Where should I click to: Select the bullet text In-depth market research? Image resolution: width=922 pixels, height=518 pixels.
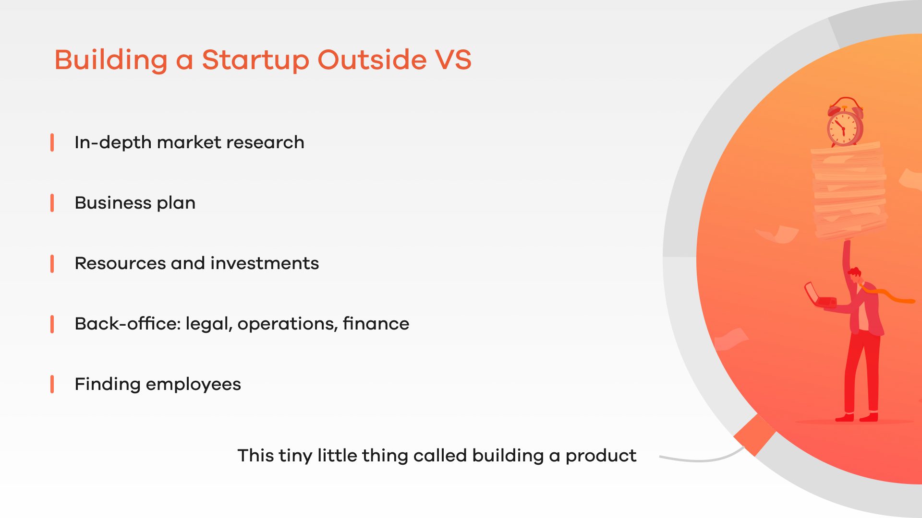click(189, 143)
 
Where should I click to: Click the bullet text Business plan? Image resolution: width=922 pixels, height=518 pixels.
click(135, 203)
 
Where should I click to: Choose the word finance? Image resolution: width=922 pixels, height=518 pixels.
click(376, 324)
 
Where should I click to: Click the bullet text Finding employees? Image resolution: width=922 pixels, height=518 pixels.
click(158, 385)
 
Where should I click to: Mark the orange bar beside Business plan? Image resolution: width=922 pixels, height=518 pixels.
click(52, 203)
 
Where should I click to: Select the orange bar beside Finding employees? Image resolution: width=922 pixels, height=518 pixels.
click(52, 384)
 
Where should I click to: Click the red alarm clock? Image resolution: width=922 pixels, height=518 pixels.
click(845, 122)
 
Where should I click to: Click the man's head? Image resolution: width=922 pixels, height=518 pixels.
click(855, 277)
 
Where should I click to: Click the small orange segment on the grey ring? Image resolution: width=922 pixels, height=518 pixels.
click(754, 435)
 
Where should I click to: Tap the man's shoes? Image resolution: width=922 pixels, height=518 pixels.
click(857, 417)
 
